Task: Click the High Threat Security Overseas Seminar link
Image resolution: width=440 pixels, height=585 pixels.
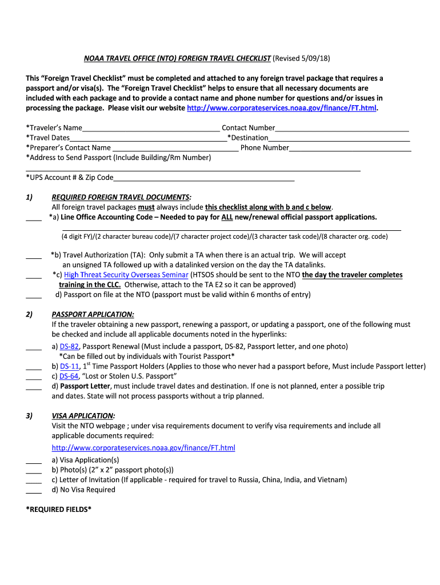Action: pos(126,275)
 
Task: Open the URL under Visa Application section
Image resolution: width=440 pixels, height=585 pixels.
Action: pos(143,447)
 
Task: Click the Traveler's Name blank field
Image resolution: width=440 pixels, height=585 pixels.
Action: pos(151,129)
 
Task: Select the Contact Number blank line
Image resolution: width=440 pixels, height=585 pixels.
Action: pos(342,129)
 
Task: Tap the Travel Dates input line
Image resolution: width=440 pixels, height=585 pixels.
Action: pos(147,138)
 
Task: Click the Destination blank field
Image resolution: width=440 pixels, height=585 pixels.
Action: pos(339,138)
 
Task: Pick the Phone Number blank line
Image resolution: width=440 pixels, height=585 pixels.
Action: pos(350,148)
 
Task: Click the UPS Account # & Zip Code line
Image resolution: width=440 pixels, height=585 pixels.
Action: pos(203,178)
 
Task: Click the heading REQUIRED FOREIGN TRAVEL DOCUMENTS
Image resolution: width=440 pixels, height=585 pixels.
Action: pos(121,197)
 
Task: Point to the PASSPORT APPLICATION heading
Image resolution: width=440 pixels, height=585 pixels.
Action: pos(93,314)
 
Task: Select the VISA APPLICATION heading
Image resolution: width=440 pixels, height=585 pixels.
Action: pos(83,415)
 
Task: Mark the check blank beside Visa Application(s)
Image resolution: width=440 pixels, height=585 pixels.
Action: pos(34,460)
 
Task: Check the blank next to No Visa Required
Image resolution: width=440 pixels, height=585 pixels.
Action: pos(34,490)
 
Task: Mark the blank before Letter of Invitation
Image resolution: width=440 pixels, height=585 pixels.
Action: pos(34,480)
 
